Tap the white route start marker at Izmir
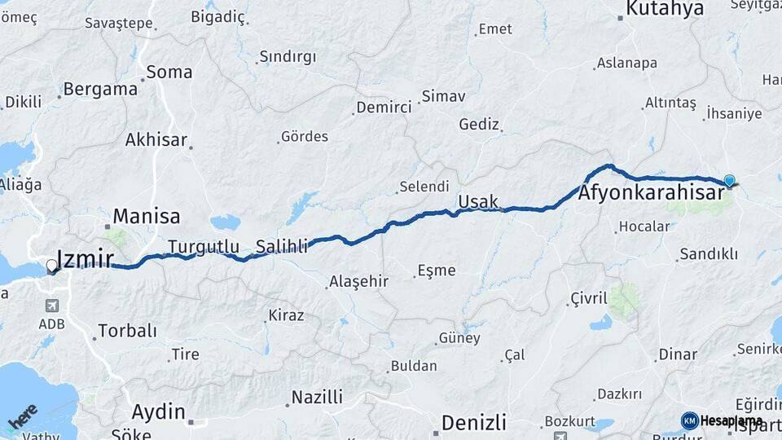click(x=52, y=266)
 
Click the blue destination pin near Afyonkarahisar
click(x=729, y=181)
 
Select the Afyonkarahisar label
click(x=651, y=194)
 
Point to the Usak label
click(x=478, y=201)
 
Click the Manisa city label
click(x=147, y=217)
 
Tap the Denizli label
click(x=474, y=423)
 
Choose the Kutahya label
click(x=665, y=10)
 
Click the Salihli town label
click(x=282, y=246)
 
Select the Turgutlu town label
click(x=204, y=246)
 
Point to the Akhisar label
click(x=156, y=139)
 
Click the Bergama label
click(x=100, y=89)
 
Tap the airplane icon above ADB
click(x=52, y=306)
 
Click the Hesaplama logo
click(x=723, y=420)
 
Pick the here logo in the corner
click(x=23, y=417)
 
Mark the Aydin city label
click(x=159, y=411)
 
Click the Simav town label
click(x=445, y=96)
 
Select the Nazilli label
click(x=318, y=397)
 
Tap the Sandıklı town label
click(x=709, y=254)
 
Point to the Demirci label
click(x=384, y=108)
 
